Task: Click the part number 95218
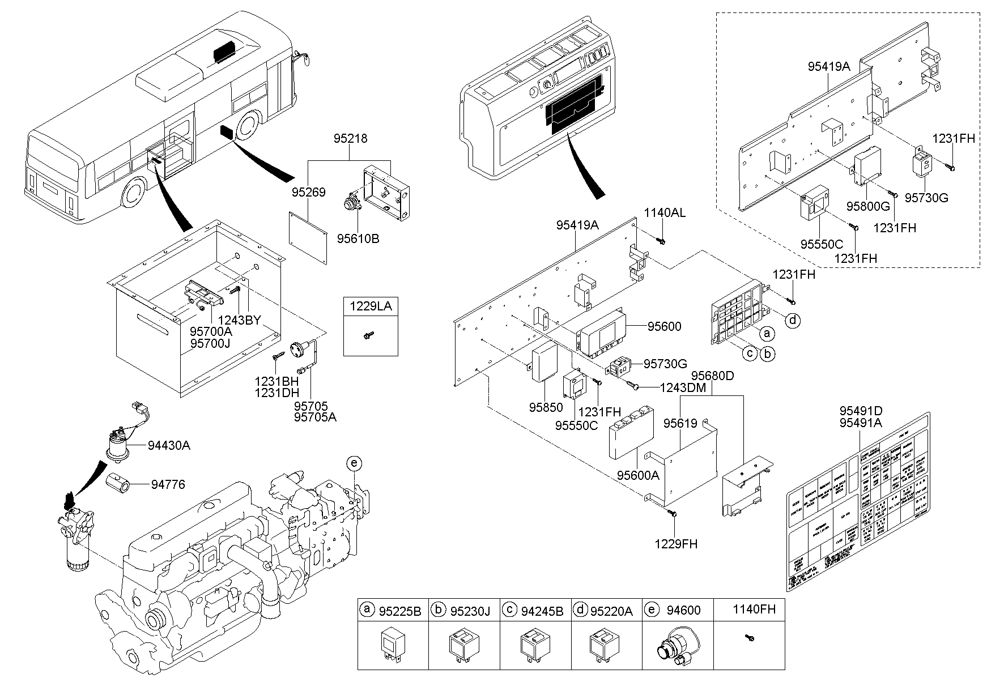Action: [x=350, y=138]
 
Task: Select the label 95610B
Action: [x=358, y=238]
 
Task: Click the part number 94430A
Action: [x=169, y=446]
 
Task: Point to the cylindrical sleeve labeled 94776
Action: [x=118, y=483]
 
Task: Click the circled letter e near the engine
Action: [x=354, y=464]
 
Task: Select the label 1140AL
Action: [x=665, y=213]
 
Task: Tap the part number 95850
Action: [x=546, y=407]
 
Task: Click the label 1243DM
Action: [x=683, y=388]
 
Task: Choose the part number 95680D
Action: [x=712, y=375]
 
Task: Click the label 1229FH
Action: [x=676, y=544]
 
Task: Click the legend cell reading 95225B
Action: [x=399, y=611]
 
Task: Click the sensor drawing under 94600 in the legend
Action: [x=677, y=647]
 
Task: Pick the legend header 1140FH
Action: [x=754, y=610]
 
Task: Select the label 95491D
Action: [x=861, y=411]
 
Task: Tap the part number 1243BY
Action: [x=239, y=320]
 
